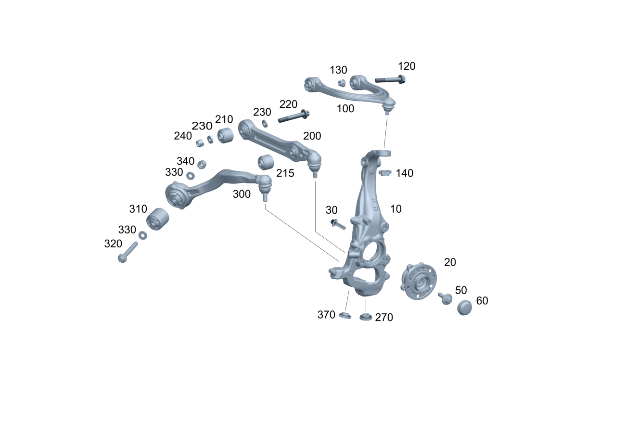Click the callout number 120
tap(407, 66)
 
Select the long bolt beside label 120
tap(390, 79)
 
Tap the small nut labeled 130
tap(342, 83)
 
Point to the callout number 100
tap(345, 109)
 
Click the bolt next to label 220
tap(293, 116)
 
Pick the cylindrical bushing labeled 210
tap(225, 135)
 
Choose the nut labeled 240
tap(200, 142)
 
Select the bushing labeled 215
tap(266, 162)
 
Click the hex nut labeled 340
tap(202, 165)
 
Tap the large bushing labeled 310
tap(157, 219)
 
